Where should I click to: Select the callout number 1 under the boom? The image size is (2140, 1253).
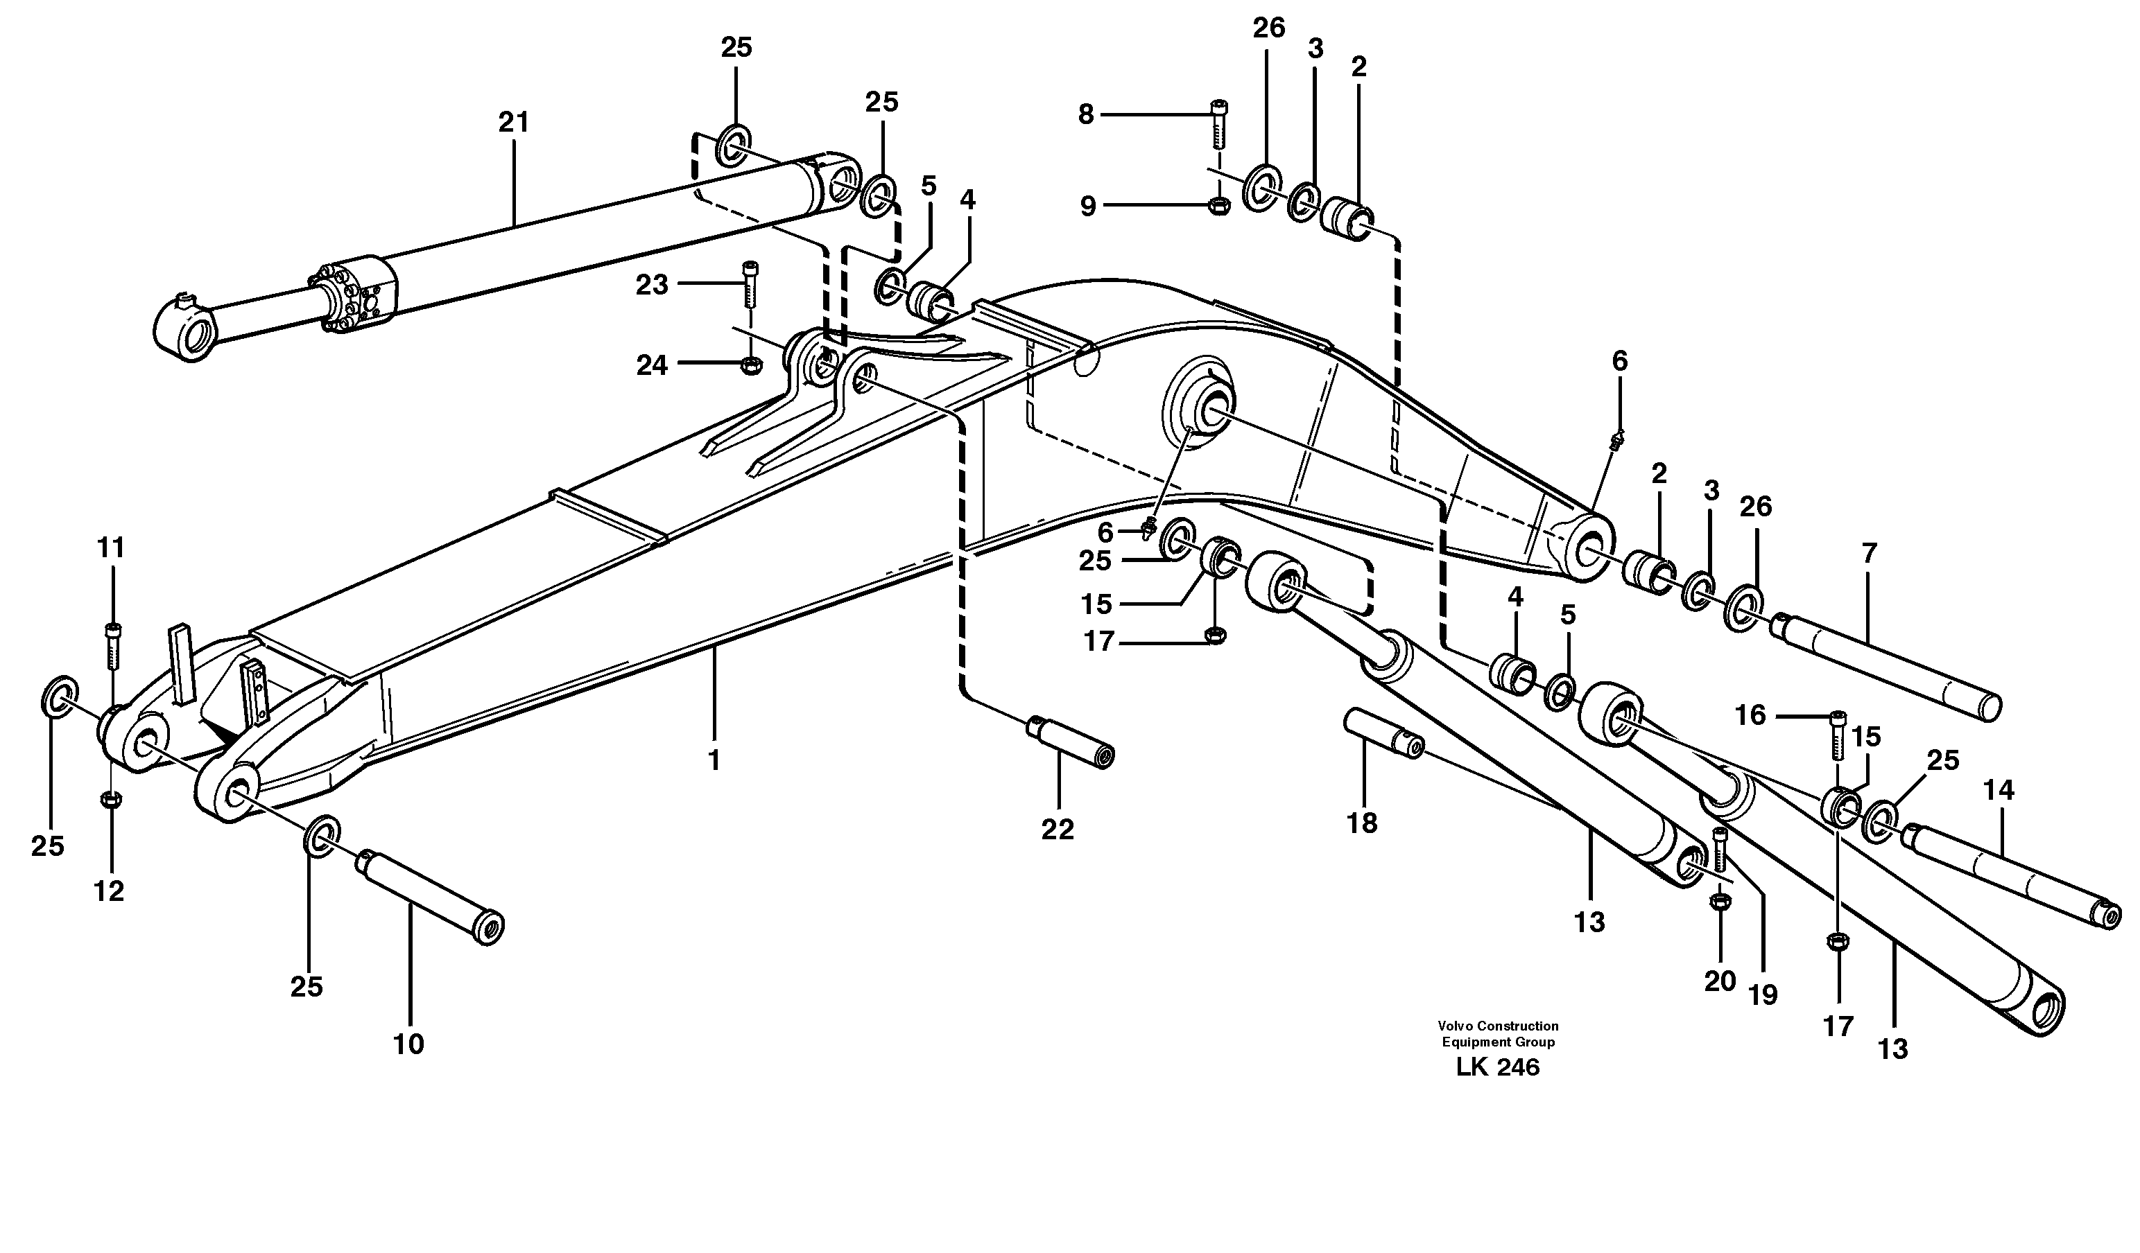click(714, 760)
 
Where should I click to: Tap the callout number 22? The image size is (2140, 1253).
click(1058, 829)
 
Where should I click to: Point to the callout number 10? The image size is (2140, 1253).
click(408, 1044)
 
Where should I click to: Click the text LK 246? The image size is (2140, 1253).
click(1497, 1067)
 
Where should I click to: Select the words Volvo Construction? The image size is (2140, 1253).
click(1498, 1026)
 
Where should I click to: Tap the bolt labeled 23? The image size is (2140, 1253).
click(749, 284)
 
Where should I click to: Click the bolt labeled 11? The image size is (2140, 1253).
click(113, 645)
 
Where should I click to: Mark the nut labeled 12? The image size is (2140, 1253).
click(110, 799)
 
